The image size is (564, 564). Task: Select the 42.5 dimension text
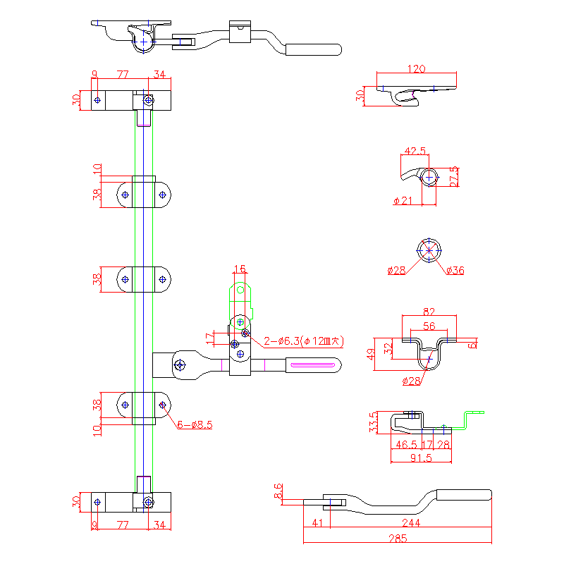pyautogui.click(x=415, y=151)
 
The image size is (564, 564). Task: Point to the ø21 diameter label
pyautogui.click(x=403, y=201)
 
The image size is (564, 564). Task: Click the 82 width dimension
pyautogui.click(x=429, y=312)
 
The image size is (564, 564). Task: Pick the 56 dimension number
pyautogui.click(x=429, y=326)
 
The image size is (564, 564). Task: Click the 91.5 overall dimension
pyautogui.click(x=421, y=458)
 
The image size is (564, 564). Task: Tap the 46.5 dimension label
pyautogui.click(x=405, y=445)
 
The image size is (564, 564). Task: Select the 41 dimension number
pyautogui.click(x=317, y=523)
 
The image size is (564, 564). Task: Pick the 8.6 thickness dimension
pyautogui.click(x=278, y=491)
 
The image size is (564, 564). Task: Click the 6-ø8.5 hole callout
pyautogui.click(x=195, y=424)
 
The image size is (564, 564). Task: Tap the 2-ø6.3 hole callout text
pyautogui.click(x=304, y=341)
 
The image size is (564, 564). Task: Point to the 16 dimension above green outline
pyautogui.click(x=240, y=269)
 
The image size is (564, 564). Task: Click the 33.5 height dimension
pyautogui.click(x=374, y=422)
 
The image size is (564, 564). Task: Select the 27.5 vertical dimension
pyautogui.click(x=453, y=176)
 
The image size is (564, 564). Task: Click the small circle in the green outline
pyautogui.click(x=240, y=289)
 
